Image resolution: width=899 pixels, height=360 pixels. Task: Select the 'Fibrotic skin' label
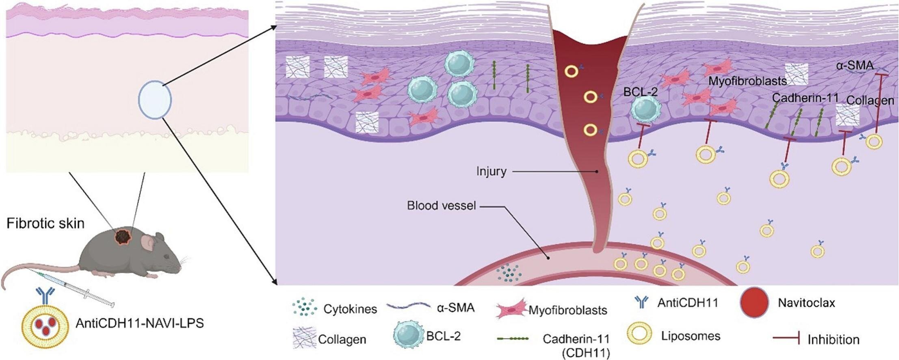45,223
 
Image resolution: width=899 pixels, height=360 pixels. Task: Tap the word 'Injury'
491,171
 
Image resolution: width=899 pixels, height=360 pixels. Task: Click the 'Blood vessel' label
441,206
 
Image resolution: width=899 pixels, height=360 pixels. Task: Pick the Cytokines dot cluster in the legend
304,308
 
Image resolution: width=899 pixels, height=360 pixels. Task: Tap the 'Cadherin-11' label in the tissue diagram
805,98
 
